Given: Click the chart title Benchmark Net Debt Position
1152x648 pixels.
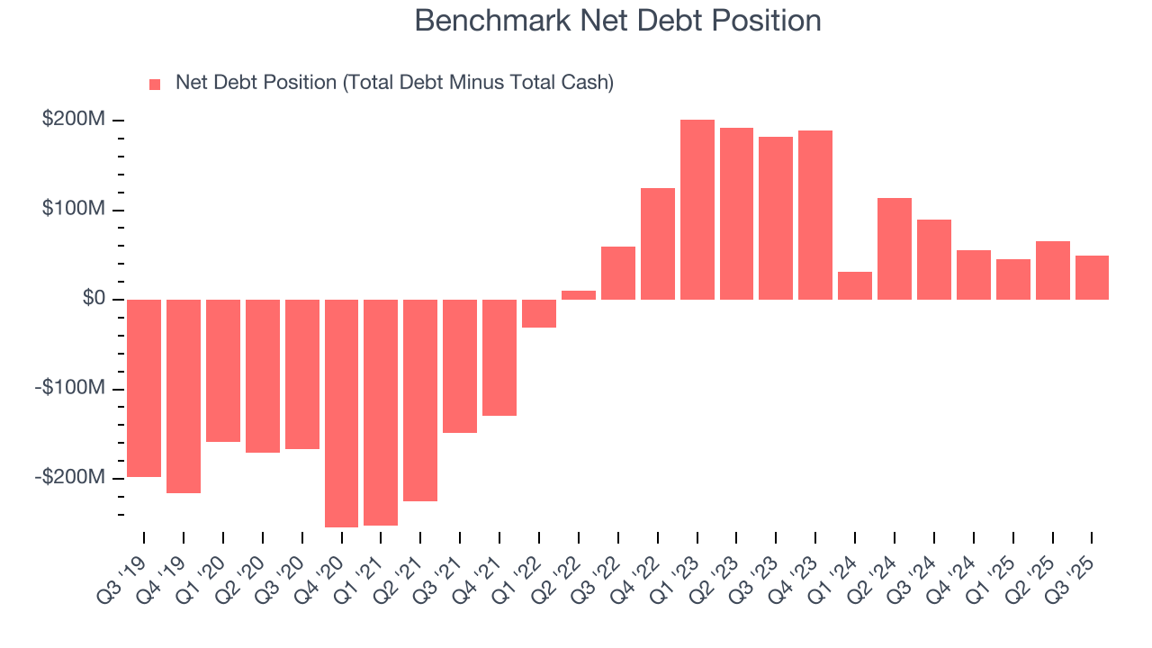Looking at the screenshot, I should point(617,21).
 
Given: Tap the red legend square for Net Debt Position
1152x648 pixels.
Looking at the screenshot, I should point(155,84).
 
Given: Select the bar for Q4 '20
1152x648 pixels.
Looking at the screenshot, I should point(341,412).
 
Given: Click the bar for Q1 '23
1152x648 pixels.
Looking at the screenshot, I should point(697,209).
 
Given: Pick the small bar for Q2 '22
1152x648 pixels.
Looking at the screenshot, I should point(579,294).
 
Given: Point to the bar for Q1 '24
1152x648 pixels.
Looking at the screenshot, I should point(855,285).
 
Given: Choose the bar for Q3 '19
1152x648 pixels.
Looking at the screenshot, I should point(144,387).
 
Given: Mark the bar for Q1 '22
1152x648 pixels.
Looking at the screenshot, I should point(539,313).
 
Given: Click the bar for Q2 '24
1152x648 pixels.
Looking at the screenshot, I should point(895,248).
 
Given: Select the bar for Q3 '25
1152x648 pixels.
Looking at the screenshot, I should point(1092,277).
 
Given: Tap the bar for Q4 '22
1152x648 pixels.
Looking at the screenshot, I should point(658,243).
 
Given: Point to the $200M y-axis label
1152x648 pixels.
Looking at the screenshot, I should point(74,120).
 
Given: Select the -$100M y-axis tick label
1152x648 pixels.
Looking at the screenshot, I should point(70,388).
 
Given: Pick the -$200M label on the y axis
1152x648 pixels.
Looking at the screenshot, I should point(70,477).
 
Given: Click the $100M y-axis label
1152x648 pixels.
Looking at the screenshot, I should point(74,210).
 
